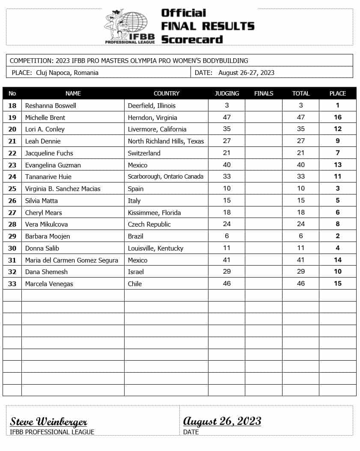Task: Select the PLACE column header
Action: pos(337,93)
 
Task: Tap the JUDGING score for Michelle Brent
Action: pos(226,117)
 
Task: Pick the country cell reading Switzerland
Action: pos(144,153)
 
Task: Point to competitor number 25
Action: pos(12,188)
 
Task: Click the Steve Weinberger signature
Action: pos(48,421)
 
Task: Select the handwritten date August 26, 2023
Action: pos(222,421)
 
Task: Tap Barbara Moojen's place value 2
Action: pos(337,236)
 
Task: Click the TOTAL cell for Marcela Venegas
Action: pos(300,284)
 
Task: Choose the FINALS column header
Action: pos(263,93)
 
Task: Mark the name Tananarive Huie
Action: pos(48,176)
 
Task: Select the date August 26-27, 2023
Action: pos(246,73)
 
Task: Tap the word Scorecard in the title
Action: pos(192,39)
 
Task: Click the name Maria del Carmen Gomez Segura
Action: pos(71,260)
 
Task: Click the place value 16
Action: pos(337,117)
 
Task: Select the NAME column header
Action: pos(73,93)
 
